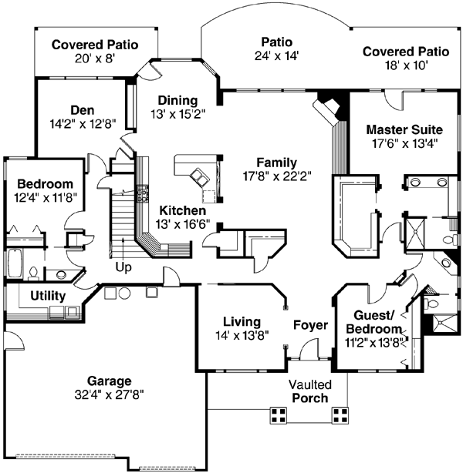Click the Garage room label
click(109, 381)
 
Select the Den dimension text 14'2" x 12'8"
click(82, 121)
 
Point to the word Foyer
click(310, 325)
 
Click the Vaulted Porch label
click(310, 391)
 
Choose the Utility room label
click(48, 296)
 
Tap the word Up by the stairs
click(123, 267)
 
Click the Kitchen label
click(183, 210)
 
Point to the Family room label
click(276, 163)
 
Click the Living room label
click(242, 321)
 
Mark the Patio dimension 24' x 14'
click(275, 55)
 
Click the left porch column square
click(279, 416)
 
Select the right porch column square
click(340, 416)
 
